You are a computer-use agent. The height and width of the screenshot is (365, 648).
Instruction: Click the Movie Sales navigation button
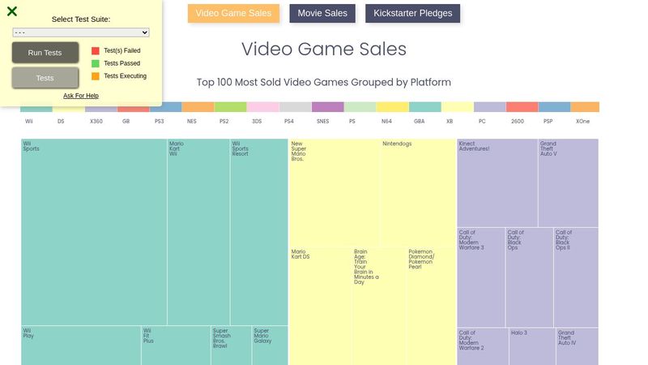[322, 14]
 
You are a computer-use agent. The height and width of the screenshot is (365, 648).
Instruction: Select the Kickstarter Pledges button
[413, 14]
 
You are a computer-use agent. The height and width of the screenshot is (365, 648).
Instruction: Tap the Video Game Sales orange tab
[234, 14]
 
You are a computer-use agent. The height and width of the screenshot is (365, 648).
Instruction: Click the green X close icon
[12, 11]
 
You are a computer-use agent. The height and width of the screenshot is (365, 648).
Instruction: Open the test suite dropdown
[81, 32]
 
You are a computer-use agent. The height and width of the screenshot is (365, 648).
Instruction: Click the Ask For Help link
[81, 96]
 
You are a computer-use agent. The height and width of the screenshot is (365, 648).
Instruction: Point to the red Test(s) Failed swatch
[96, 50]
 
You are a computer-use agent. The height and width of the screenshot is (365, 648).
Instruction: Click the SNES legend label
[322, 121]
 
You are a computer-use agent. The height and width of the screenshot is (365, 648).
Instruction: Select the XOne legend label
[582, 121]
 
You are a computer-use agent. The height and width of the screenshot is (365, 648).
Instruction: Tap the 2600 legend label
[518, 121]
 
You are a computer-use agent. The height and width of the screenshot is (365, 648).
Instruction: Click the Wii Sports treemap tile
[93, 231]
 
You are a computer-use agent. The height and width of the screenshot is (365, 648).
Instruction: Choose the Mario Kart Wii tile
[198, 231]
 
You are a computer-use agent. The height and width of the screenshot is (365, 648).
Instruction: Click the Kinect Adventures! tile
[497, 182]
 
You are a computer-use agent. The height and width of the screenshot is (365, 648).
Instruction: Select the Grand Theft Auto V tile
[568, 182]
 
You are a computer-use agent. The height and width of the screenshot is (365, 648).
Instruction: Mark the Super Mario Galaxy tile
[269, 346]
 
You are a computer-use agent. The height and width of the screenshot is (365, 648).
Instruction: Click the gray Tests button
[45, 78]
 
